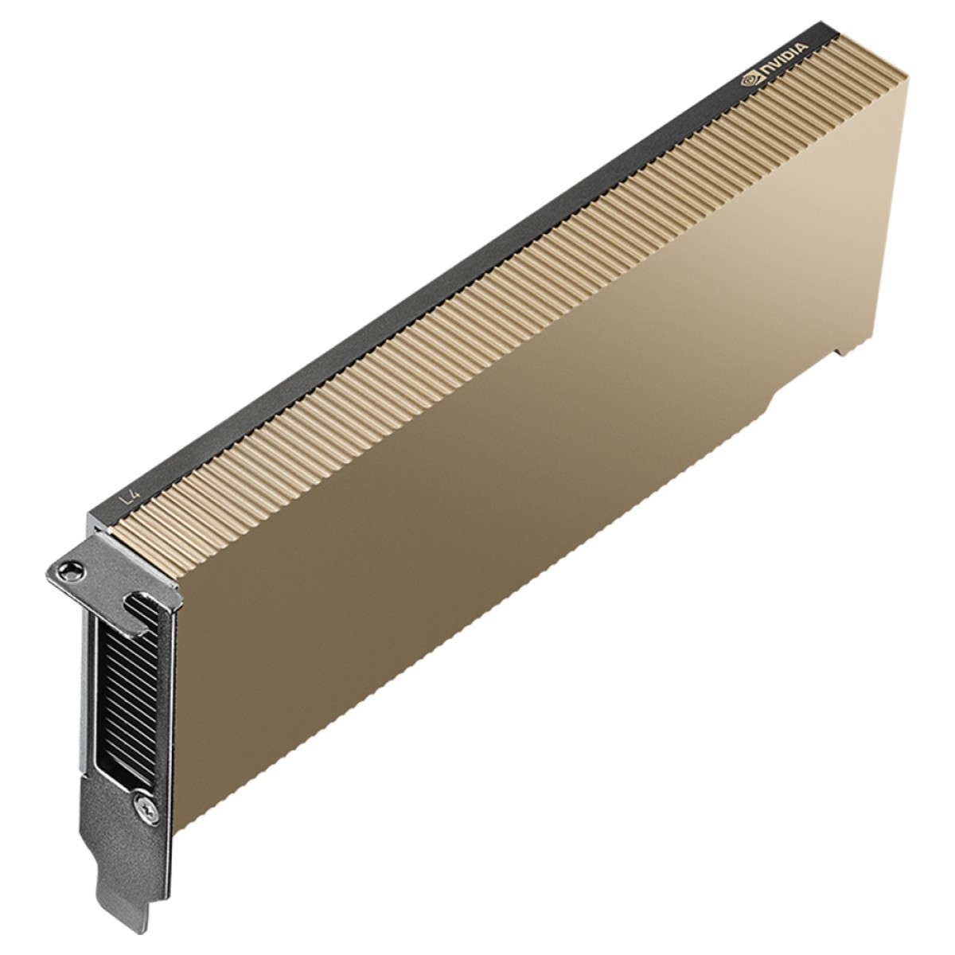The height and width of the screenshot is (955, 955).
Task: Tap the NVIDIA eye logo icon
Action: click(750, 80)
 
